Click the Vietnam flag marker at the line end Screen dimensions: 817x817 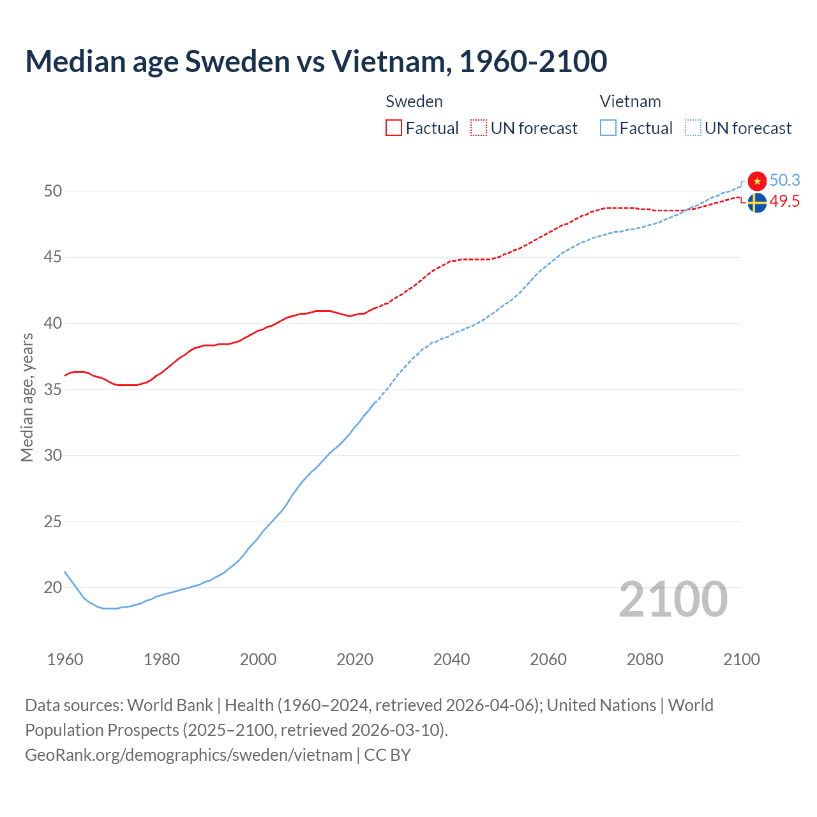757,181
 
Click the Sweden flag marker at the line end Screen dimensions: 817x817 757,203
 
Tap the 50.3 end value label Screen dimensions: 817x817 784,181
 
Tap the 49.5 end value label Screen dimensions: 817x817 784,202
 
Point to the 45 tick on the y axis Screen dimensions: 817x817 53,257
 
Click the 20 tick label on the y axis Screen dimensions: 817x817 53,587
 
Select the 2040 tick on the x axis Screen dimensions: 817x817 451,659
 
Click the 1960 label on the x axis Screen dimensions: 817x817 65,659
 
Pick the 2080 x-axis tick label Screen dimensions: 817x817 645,659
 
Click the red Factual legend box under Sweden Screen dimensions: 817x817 394,128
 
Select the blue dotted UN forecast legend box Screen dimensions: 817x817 693,128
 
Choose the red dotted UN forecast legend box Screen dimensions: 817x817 479,128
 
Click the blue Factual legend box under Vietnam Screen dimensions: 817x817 608,128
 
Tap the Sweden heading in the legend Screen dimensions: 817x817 414,101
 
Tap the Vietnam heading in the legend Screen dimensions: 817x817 630,101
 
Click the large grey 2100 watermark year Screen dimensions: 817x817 673,599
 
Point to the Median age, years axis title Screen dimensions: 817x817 27,397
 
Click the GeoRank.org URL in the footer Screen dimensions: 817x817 188,755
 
